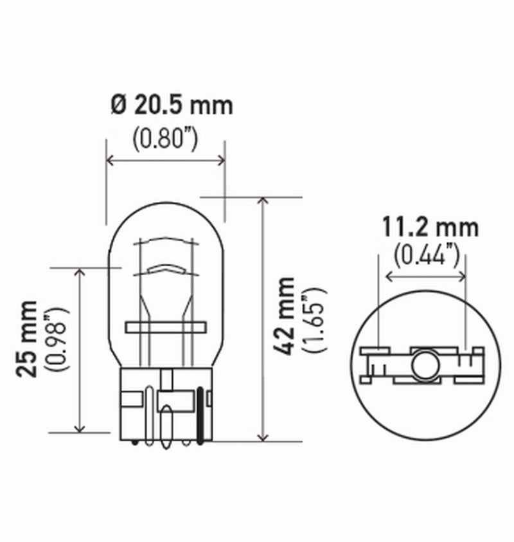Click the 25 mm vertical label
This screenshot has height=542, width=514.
coord(28,338)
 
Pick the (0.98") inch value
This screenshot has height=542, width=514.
coord(57,340)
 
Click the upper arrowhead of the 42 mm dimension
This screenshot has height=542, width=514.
coord(262,201)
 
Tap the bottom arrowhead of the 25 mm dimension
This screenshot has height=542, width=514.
coord(80,428)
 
